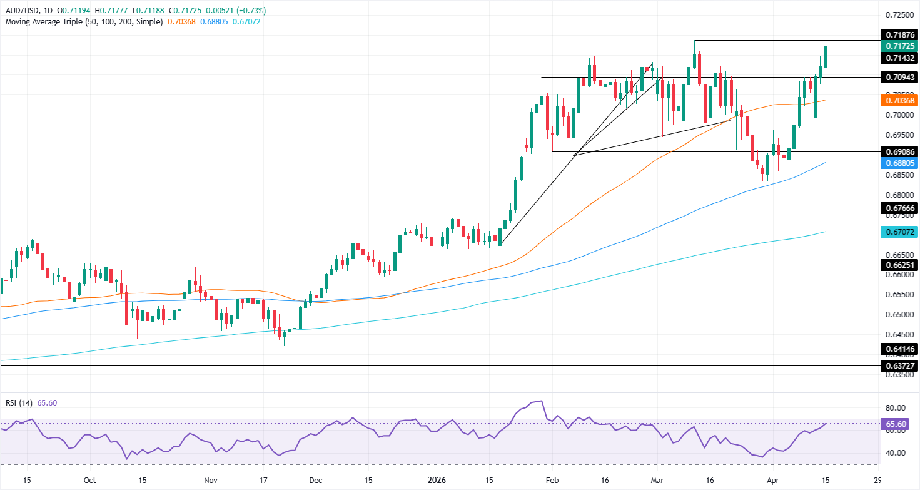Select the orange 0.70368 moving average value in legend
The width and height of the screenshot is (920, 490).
pyautogui.click(x=181, y=22)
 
